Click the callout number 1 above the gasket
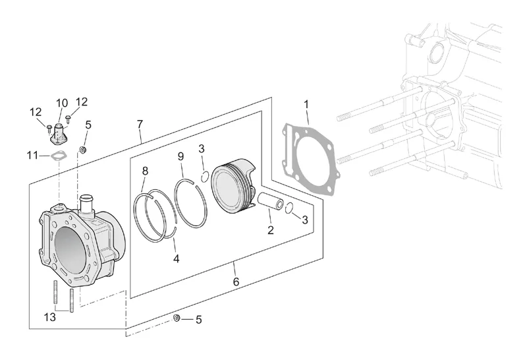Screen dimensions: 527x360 306,105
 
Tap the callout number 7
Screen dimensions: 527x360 140,124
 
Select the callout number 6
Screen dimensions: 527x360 236,282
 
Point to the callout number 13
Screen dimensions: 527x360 50,317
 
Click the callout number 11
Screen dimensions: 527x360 32,156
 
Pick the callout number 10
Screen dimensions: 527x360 62,104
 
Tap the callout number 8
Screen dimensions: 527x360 145,171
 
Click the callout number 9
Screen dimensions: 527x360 180,156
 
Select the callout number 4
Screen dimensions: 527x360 177,258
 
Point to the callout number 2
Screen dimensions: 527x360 271,230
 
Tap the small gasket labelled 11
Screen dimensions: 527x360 59,156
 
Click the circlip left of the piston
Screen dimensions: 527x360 205,176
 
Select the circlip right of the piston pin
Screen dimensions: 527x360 289,208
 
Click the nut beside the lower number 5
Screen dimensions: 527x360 177,318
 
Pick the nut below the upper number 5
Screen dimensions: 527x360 82,150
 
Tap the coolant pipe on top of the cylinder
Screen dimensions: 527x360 86,204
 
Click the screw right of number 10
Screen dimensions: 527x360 69,119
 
